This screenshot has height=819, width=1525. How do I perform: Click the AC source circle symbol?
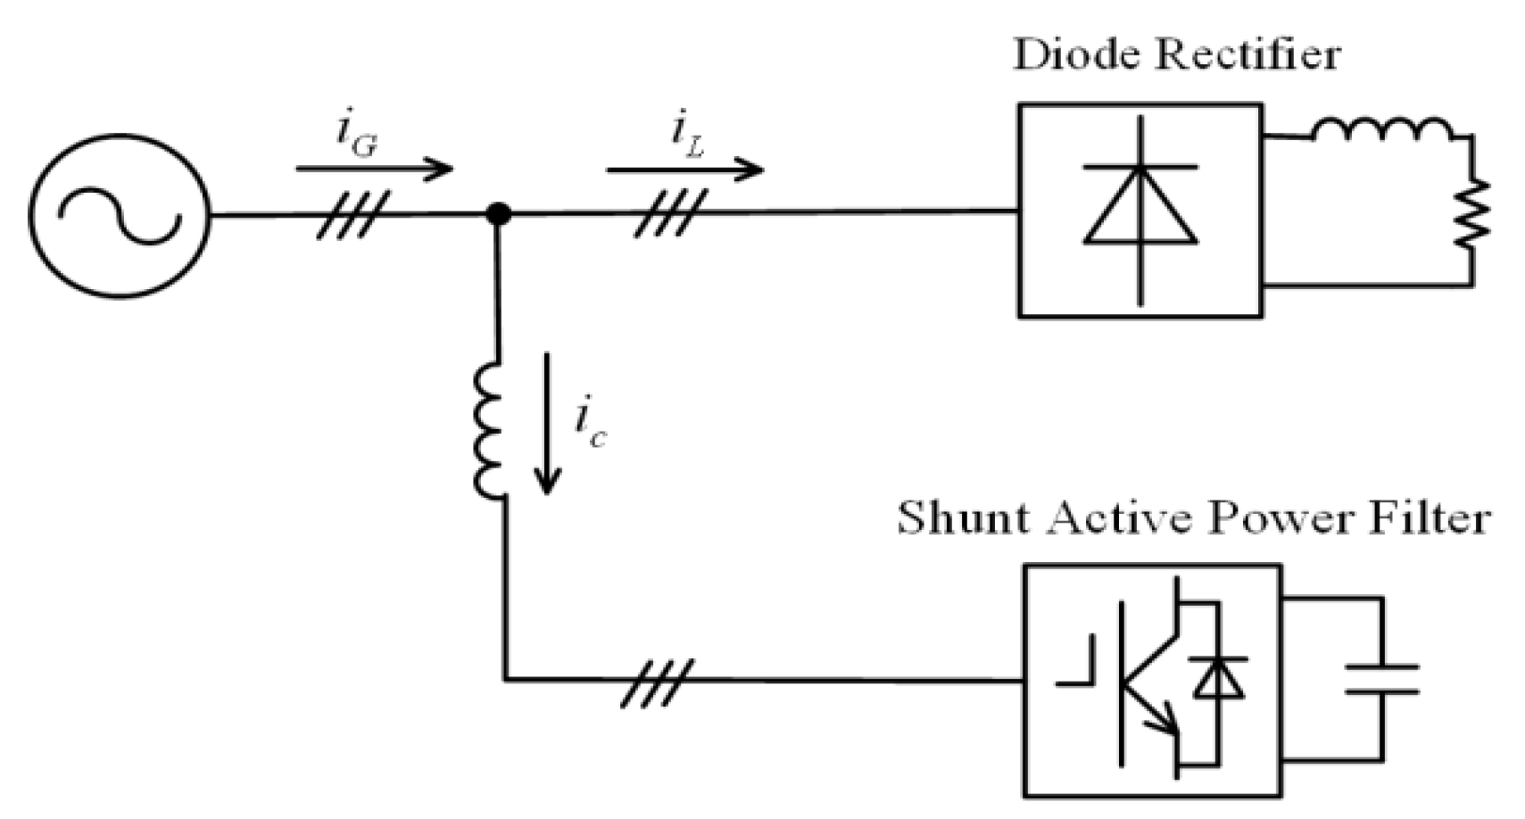coord(118,215)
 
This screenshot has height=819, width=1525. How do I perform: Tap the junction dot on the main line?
coord(498,214)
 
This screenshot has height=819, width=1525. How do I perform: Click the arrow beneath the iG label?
coord(375,168)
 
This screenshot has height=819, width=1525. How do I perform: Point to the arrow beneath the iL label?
coord(684,169)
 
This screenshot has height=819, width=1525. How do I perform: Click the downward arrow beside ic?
coord(547,423)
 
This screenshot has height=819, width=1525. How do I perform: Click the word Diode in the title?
coord(1075,55)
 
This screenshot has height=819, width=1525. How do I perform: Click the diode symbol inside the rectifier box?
coord(1140,210)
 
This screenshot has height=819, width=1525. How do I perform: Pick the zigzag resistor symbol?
coord(1471,212)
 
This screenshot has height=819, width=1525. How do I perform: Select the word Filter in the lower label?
coord(1432,517)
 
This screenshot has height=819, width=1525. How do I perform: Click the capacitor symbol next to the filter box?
coord(1381,679)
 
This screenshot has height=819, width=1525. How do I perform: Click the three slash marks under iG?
coord(353,215)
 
